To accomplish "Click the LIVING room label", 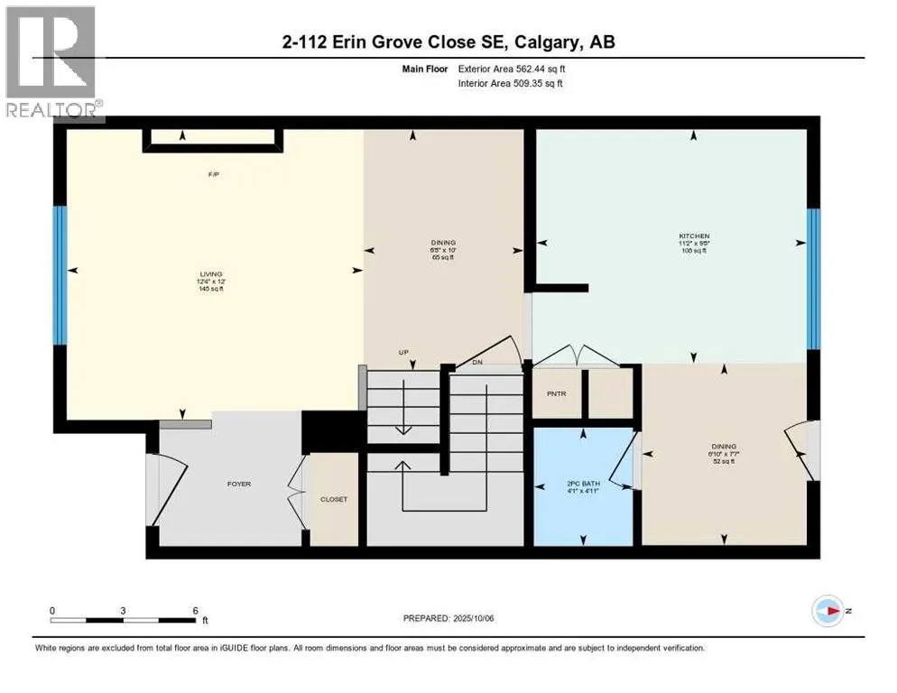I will point(212,273).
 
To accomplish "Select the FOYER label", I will point(238,484).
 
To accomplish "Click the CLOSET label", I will point(334,499).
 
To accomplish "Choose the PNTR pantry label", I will point(556,393).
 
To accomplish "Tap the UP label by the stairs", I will point(406,352).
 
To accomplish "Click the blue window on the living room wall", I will point(60,275).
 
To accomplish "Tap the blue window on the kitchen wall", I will point(813,278).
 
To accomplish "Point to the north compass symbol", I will point(827,611).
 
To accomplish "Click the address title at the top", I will point(448,42).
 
